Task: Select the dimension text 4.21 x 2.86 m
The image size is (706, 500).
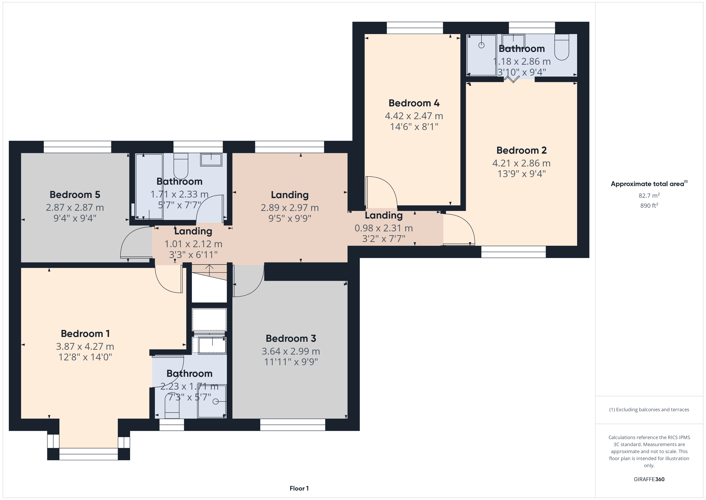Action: point(521,163)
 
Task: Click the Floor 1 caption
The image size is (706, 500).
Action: point(299,488)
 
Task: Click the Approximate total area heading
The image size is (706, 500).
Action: point(649,184)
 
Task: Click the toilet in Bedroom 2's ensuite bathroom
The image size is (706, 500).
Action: point(562,47)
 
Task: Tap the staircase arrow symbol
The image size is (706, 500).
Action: point(209,270)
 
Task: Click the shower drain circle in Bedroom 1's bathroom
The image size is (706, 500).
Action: point(216,401)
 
